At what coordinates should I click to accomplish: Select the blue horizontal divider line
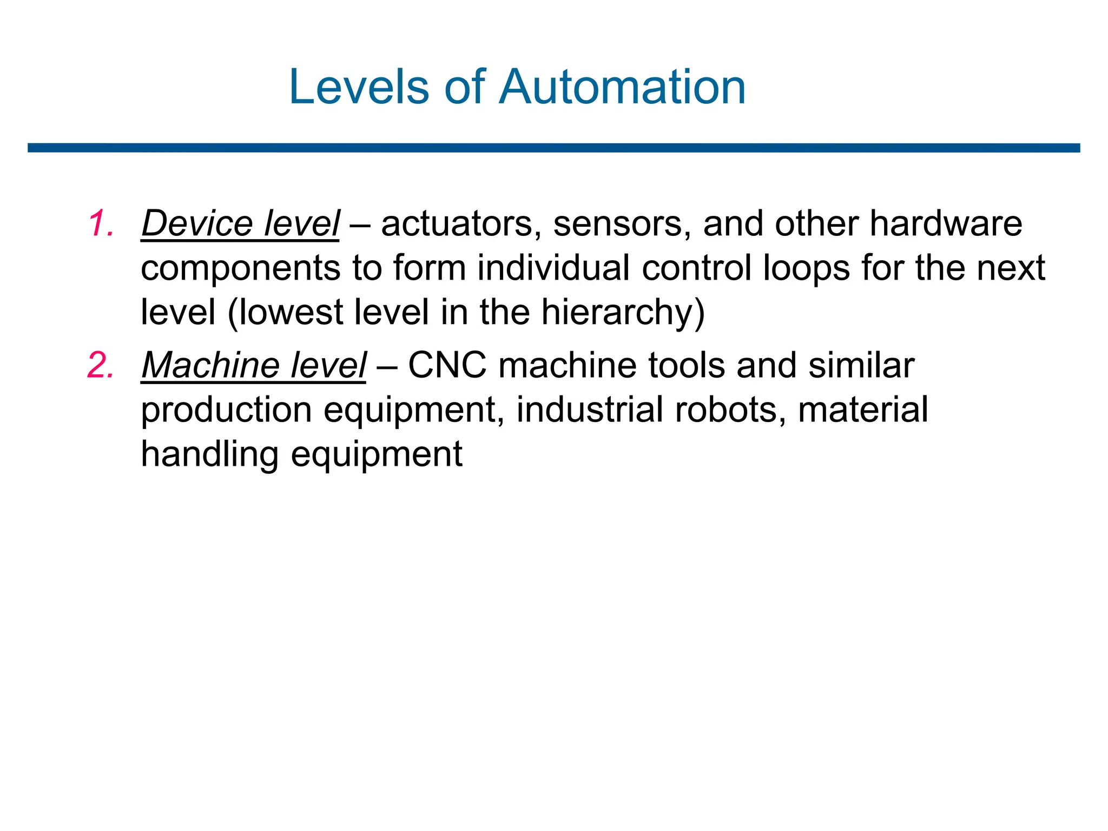[553, 148]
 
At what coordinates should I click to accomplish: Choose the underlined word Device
[197, 223]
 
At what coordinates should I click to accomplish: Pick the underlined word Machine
[210, 365]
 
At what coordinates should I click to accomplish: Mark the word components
[240, 269]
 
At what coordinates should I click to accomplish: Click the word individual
[553, 268]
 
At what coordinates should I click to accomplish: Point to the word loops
[806, 269]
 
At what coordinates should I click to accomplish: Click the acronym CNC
[447, 365]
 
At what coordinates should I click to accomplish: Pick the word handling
[209, 454]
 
